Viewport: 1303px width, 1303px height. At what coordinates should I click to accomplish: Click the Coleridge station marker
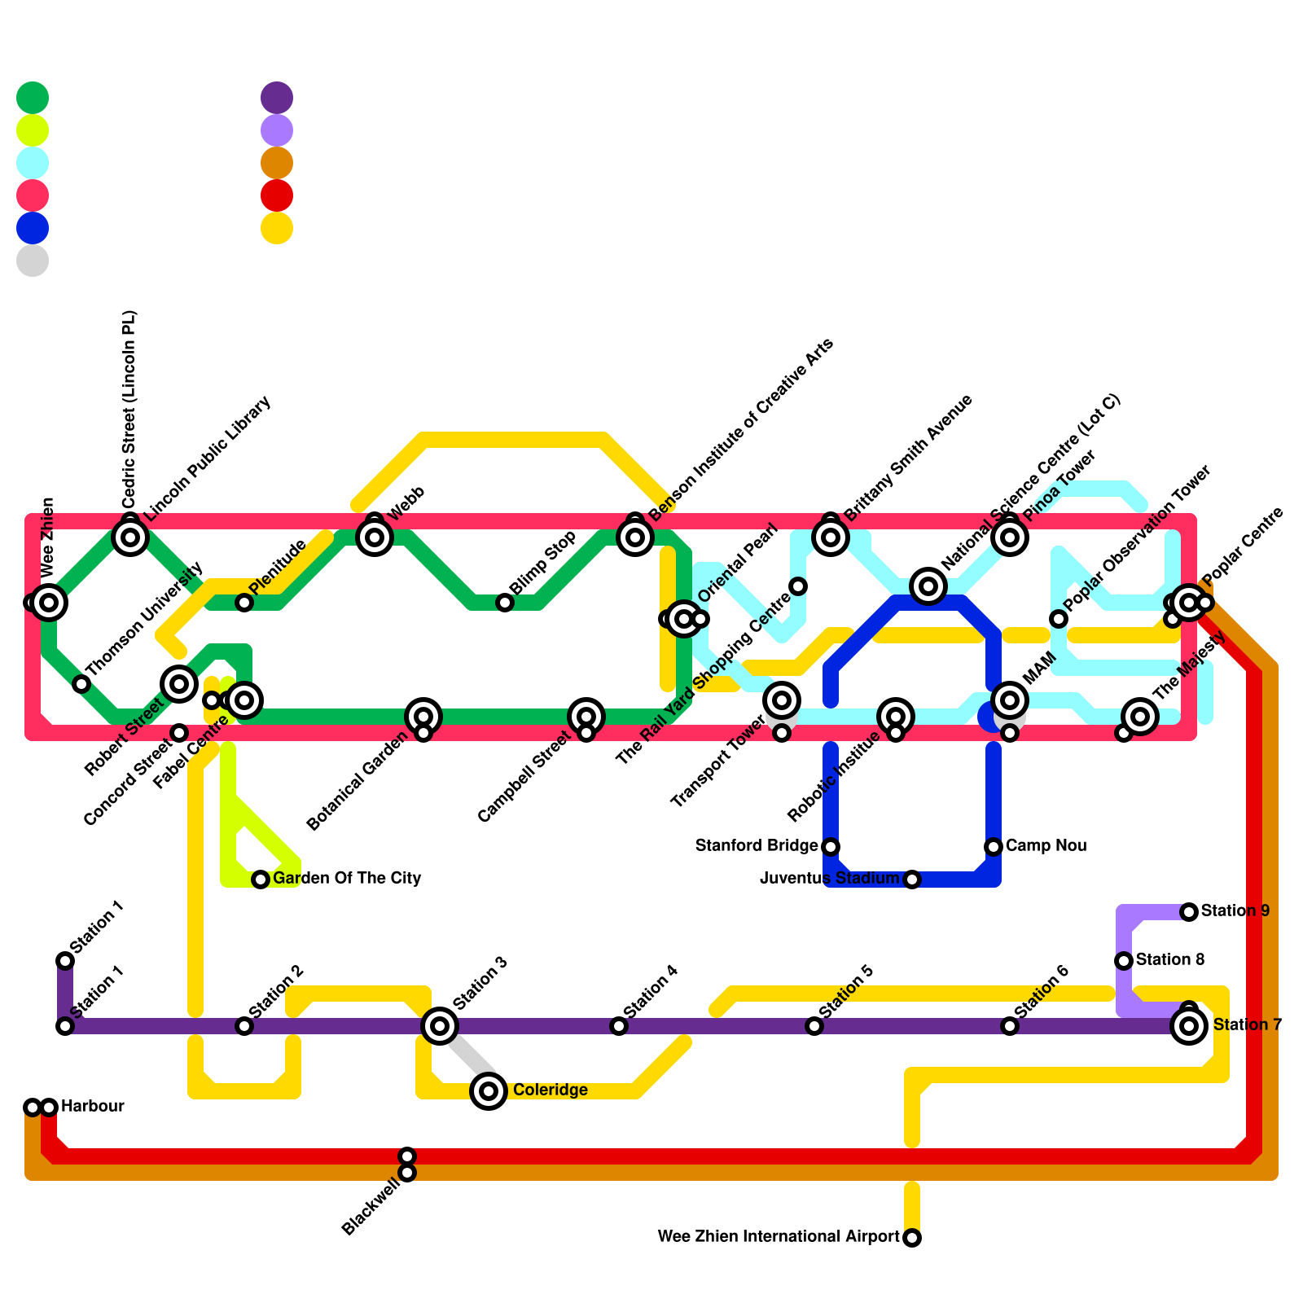(x=489, y=1090)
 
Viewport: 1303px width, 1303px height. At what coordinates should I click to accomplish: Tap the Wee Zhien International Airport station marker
(x=912, y=1238)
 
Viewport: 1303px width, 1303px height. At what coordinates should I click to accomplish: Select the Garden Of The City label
(x=347, y=879)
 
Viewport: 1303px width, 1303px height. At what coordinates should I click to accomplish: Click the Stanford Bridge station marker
(x=831, y=847)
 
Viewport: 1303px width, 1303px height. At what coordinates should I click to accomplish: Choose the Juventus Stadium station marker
(x=912, y=880)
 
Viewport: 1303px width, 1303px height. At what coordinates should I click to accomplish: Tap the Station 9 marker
(x=1189, y=912)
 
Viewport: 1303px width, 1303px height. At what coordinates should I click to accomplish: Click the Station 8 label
(x=1169, y=960)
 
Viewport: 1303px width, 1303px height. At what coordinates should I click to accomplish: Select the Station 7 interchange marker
(x=1189, y=1026)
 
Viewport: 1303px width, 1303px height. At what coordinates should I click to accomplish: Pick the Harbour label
(x=92, y=1107)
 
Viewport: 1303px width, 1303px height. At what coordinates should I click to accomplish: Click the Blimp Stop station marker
(x=505, y=603)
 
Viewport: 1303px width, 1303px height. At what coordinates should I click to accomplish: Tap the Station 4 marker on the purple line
(x=619, y=1026)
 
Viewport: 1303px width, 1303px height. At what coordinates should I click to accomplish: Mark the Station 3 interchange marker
(x=440, y=1026)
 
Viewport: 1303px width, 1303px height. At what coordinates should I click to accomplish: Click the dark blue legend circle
(x=33, y=228)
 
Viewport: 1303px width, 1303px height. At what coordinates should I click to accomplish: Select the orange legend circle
(x=277, y=163)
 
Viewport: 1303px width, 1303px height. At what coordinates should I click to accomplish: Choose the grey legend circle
(x=33, y=261)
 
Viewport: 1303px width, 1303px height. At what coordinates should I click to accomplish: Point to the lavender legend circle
(x=277, y=130)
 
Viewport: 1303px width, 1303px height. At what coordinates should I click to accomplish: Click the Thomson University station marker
(x=81, y=684)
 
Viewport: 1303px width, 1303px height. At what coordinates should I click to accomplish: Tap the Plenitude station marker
(x=244, y=603)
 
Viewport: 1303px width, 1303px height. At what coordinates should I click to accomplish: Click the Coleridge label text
(x=551, y=1090)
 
